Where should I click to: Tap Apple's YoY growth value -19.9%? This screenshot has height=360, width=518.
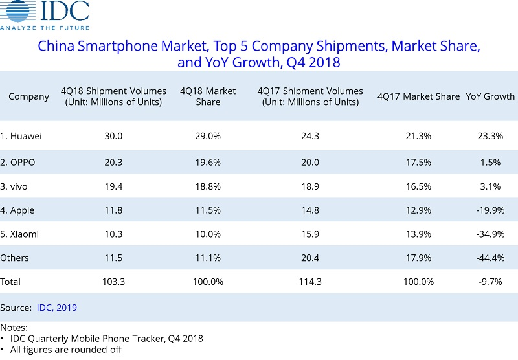[490, 210]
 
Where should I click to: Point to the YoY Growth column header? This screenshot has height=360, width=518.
[490, 96]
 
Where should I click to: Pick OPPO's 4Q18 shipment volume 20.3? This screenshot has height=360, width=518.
[113, 163]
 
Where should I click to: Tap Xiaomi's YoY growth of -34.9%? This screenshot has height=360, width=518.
[490, 234]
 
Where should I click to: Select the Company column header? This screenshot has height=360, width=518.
[28, 96]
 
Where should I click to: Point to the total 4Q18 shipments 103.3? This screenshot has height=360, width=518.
[113, 282]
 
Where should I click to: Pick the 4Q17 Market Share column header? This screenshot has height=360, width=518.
[418, 96]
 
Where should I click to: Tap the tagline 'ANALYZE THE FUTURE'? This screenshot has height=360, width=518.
[45, 28]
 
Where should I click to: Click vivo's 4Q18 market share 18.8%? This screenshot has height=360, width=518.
[208, 186]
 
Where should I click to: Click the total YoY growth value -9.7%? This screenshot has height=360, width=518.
[490, 282]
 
